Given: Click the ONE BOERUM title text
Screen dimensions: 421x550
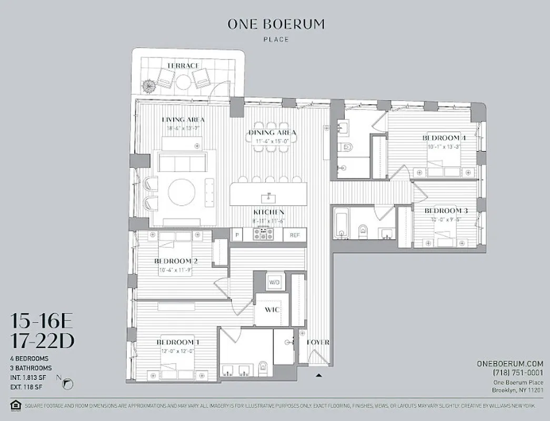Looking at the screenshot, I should [x=276, y=24].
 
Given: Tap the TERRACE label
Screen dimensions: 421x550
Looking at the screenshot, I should [x=183, y=65].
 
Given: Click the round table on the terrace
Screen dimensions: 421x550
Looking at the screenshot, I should [x=183, y=82].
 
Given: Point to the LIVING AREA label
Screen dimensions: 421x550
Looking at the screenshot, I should [x=183, y=119].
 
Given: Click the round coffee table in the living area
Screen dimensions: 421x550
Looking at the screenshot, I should [x=182, y=192].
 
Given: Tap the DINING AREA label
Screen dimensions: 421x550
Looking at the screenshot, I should [x=272, y=133].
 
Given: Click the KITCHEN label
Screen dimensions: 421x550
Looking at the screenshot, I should [x=269, y=212].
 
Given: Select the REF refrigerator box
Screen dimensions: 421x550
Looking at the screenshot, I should [x=295, y=235].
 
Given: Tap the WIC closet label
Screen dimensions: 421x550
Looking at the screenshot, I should [x=271, y=309].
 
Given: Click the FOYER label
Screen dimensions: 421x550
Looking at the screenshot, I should [x=318, y=342].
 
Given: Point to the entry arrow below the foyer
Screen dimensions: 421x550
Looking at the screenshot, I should [x=318, y=375].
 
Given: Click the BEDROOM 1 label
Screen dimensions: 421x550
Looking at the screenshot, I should [x=177, y=342].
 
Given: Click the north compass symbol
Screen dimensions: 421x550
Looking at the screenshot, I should [x=67, y=384].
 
